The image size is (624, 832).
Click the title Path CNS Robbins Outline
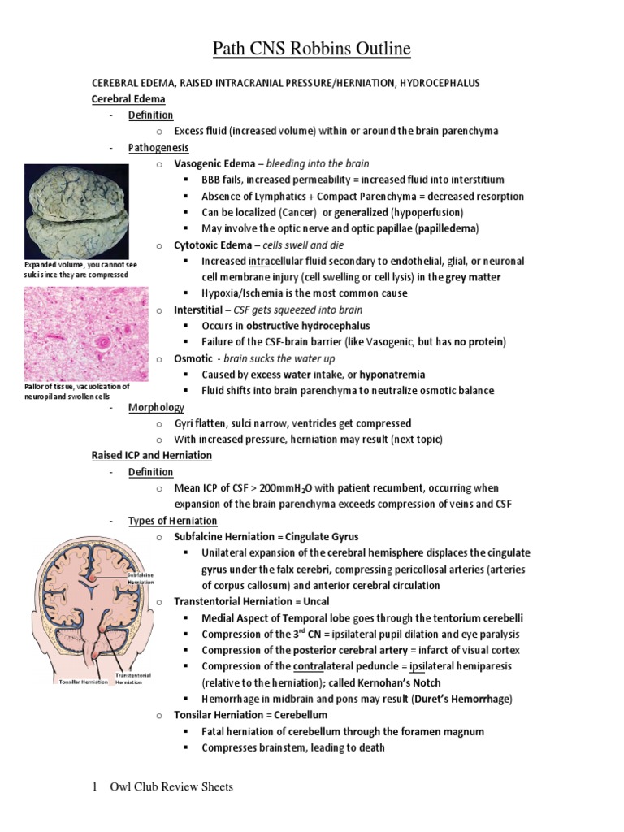pos(311,50)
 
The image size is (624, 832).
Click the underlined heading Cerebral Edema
pos(128,99)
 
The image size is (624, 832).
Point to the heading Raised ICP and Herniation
pos(151,456)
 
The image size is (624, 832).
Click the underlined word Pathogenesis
pos(158,148)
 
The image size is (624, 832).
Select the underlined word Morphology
pos(156,407)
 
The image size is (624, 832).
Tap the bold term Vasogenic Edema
pos(206,164)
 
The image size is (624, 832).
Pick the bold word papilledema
pos(448,228)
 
